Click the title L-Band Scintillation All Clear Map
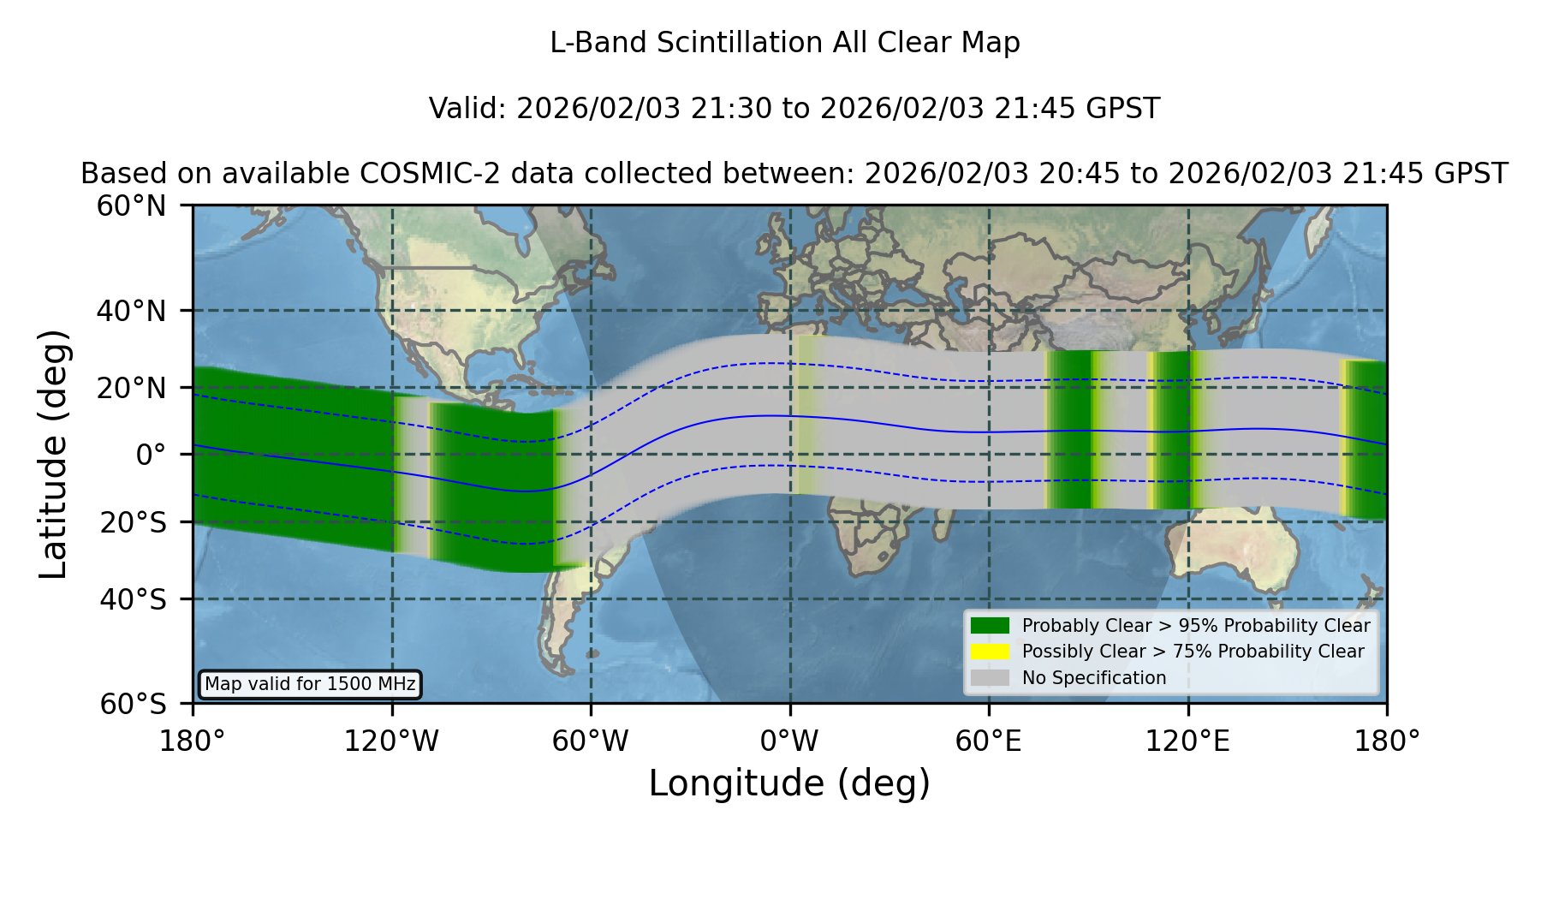[x=785, y=43]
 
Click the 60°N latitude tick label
[x=131, y=206]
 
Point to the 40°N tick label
[x=131, y=311]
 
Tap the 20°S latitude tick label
[x=133, y=522]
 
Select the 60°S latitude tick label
[x=133, y=704]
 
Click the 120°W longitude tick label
[x=392, y=741]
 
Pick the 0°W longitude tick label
[x=790, y=741]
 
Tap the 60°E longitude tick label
[x=989, y=741]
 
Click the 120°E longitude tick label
[x=1188, y=741]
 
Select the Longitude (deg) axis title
[x=789, y=783]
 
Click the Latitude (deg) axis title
[x=54, y=454]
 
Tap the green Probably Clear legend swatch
[x=990, y=626]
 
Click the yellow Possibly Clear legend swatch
[x=990, y=652]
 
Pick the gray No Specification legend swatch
[x=990, y=678]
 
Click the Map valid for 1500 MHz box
[x=310, y=684]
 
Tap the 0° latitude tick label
[x=151, y=455]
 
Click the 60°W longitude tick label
[x=591, y=741]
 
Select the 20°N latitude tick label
[x=131, y=388]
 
